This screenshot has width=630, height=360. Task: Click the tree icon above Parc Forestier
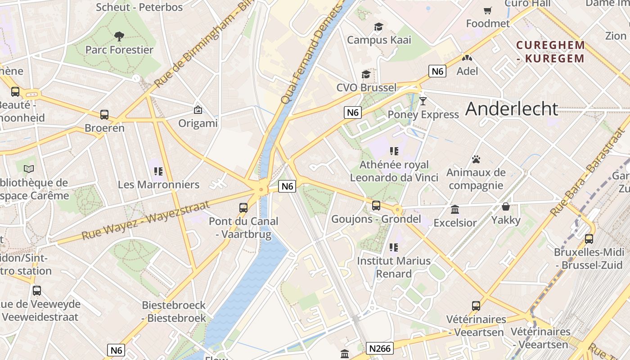coord(119,36)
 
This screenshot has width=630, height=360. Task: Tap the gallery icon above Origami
coord(198,109)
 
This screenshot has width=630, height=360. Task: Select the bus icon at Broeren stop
coord(104,115)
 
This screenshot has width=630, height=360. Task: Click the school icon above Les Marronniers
coord(158,171)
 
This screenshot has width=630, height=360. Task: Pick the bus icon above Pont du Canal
coord(243,207)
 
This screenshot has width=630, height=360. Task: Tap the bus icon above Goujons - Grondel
coord(376,206)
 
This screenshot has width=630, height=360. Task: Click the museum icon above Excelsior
coord(455,209)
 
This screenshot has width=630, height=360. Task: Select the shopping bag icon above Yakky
coord(506,207)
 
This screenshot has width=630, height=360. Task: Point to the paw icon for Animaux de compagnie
coord(476,159)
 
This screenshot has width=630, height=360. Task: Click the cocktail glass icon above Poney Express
coord(423,101)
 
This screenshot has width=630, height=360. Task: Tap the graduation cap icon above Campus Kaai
coord(378,27)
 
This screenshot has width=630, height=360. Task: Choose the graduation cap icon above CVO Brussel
coord(366,74)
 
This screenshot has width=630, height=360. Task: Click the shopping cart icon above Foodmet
coord(488,10)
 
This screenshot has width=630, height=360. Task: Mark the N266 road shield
coord(380,348)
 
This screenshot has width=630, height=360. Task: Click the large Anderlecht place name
coord(512,109)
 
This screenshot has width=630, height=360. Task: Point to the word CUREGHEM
coord(551,45)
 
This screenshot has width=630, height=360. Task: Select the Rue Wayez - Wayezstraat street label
coord(146,221)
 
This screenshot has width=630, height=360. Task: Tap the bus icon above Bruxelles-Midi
coord(589,238)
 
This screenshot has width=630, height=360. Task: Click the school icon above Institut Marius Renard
coord(394,247)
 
